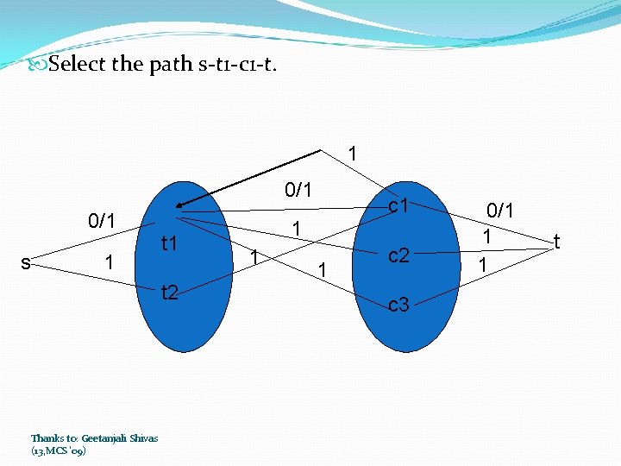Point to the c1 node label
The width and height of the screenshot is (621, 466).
(x=398, y=205)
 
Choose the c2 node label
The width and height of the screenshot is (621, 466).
(x=398, y=255)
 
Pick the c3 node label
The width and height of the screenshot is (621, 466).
(x=398, y=304)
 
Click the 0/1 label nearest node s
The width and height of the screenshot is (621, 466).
(x=102, y=220)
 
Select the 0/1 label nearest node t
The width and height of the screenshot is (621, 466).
(x=500, y=210)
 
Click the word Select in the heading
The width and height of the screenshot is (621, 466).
(x=78, y=64)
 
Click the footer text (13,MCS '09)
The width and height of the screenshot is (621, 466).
(x=58, y=450)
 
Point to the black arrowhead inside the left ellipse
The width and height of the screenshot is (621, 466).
(x=178, y=205)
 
